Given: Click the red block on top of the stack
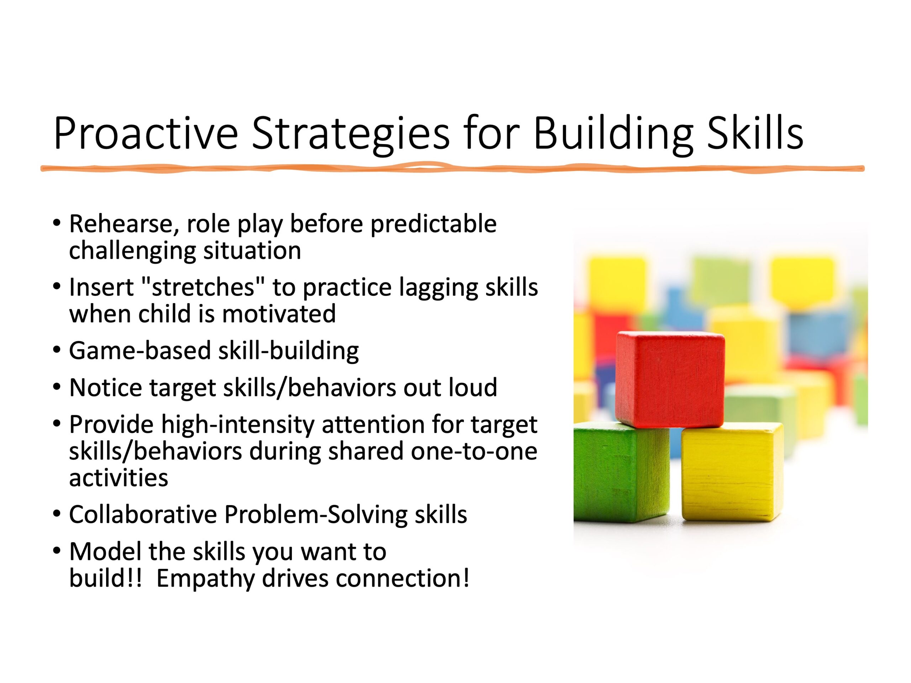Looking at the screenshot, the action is coord(670,379).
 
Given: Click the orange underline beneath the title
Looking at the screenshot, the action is coord(452,168).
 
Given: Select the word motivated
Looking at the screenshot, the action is coord(279,314).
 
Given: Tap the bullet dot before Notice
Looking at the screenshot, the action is coord(57,387).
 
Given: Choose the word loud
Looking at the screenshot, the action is coord(473,387).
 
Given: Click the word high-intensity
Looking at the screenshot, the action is coord(238,425).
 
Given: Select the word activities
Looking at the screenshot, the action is coord(119,478).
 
